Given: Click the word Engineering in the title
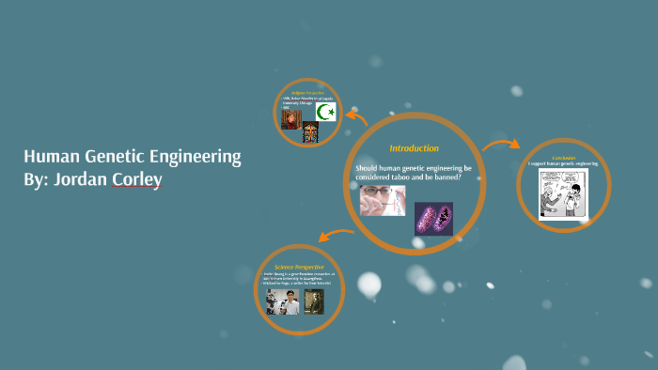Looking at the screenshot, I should coord(194,157).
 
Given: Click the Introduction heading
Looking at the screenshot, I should coord(414,148).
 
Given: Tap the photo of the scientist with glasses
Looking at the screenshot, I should coord(382,200).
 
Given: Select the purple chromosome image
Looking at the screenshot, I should coord(433,218).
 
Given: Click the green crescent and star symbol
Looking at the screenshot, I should coord(326,113).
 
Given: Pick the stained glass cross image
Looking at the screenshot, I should coord(309,133).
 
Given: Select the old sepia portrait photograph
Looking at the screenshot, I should coord(314,301).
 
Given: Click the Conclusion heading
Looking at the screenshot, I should coord(563,157).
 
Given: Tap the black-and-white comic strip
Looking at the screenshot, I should coord(563,193).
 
